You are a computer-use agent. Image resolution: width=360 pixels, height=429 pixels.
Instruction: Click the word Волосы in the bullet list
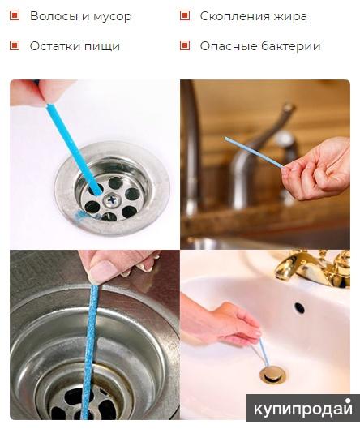pyautogui.click(x=54, y=16)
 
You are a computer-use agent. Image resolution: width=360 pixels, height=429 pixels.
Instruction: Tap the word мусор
pyautogui.click(x=113, y=17)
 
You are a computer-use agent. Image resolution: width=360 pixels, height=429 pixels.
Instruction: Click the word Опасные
pyautogui.click(x=228, y=46)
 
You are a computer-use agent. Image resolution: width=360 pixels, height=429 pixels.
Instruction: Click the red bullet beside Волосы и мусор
pyautogui.click(x=15, y=15)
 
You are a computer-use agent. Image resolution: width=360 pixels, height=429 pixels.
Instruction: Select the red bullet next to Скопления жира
pyautogui.click(x=185, y=15)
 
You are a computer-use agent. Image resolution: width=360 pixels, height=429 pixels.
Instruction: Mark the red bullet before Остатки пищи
pyautogui.click(x=15, y=45)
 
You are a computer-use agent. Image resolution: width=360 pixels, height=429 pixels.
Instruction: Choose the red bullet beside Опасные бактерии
pyautogui.click(x=185, y=45)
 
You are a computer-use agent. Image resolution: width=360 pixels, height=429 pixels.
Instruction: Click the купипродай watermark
pyautogui.click(x=302, y=409)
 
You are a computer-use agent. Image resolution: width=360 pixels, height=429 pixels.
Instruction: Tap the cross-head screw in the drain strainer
pyautogui.click(x=112, y=200)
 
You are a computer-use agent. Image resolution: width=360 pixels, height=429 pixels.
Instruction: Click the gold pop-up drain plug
pyautogui.click(x=272, y=375)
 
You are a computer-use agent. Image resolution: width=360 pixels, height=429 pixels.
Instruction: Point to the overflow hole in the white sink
pyautogui.click(x=299, y=308)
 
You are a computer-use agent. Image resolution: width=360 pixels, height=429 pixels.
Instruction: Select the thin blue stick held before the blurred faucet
pyautogui.click(x=255, y=152)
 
